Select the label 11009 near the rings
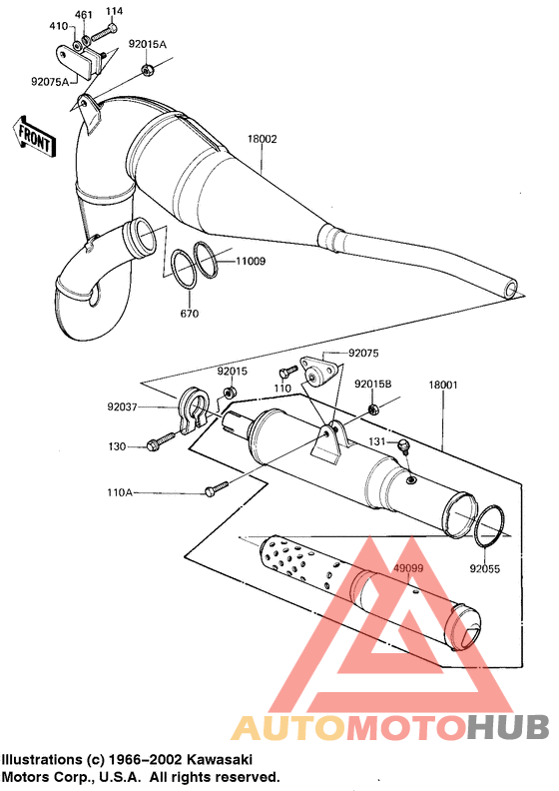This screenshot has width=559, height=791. pyautogui.click(x=251, y=261)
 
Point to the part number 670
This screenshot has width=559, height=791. pyautogui.click(x=190, y=314)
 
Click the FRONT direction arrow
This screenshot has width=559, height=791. pyautogui.click(x=33, y=137)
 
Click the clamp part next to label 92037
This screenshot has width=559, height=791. pyautogui.click(x=193, y=412)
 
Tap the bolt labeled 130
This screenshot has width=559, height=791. pyautogui.click(x=155, y=444)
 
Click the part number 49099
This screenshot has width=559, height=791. pyautogui.click(x=407, y=569)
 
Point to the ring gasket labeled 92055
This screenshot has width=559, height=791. pyautogui.click(x=488, y=527)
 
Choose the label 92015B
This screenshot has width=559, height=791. pyautogui.click(x=372, y=384)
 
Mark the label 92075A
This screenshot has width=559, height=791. pyautogui.click(x=49, y=81)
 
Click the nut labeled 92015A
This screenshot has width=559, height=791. pyautogui.click(x=147, y=70)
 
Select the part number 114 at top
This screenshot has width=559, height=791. pyautogui.click(x=114, y=11)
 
